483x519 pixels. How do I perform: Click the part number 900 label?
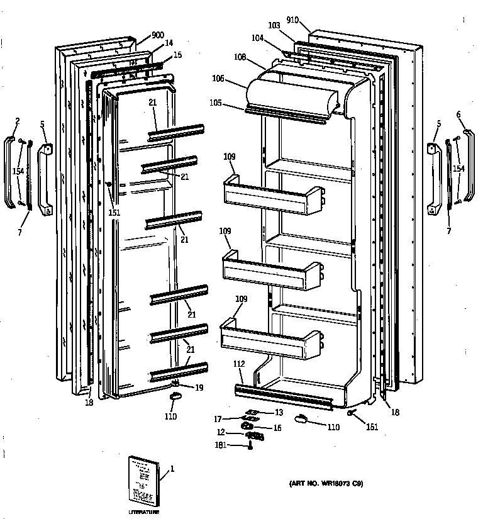(157, 35)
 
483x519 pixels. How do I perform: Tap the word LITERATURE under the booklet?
(143, 512)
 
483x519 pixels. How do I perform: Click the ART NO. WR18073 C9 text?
(326, 484)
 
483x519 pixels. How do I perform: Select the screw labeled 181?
(251, 447)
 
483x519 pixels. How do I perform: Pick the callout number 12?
(221, 432)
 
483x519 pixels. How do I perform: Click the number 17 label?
(218, 418)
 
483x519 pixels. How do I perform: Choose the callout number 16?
(277, 428)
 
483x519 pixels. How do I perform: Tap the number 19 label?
(199, 388)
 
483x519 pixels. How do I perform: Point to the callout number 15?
(177, 55)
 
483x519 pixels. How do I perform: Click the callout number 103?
(274, 25)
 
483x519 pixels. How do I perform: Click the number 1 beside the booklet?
(172, 468)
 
